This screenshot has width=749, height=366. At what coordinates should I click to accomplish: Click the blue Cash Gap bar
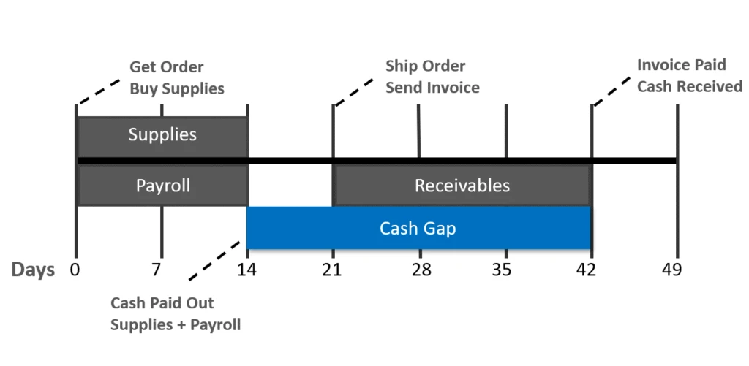418,229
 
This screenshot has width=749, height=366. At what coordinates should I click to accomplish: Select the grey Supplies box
162,135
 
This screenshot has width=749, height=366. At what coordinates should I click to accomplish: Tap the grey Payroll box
162,186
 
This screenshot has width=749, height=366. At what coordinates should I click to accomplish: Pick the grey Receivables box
462,186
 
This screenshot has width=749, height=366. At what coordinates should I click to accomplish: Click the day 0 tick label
75,270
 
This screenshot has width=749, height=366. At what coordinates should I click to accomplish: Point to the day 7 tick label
157,270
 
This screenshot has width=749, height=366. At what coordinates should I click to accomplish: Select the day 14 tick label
246,270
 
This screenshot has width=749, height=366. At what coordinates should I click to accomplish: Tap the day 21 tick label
332,270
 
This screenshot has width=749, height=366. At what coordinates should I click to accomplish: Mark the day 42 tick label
586,270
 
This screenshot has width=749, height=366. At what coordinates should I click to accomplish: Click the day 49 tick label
671,270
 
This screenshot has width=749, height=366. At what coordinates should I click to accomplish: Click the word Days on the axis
33,270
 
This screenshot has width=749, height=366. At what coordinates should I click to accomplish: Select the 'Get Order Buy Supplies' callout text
176,78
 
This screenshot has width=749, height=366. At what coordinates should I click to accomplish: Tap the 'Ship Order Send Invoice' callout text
432,77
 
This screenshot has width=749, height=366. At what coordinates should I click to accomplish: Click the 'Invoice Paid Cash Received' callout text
689,75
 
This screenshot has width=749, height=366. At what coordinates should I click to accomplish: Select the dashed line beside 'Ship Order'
355,91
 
